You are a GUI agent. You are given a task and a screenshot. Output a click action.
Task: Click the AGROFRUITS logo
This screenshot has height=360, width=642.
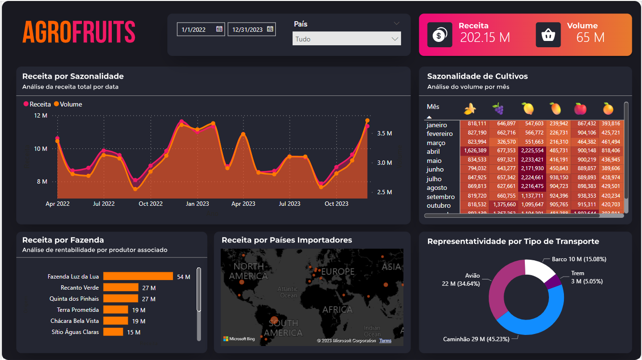79,32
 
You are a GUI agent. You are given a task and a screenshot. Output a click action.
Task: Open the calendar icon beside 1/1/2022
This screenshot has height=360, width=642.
219,29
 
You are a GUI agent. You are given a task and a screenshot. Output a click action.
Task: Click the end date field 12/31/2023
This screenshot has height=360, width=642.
247,29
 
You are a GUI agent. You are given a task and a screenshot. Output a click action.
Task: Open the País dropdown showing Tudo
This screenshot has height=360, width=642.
347,39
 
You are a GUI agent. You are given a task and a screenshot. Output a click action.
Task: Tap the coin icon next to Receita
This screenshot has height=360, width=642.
440,35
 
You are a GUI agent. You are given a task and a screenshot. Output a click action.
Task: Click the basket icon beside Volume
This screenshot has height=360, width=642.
548,35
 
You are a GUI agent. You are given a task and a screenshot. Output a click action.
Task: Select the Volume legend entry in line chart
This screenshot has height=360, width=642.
68,104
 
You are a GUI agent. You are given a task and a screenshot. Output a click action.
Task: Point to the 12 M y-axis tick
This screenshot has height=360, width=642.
40,116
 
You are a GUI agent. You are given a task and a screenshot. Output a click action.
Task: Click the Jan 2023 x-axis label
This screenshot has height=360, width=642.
197,204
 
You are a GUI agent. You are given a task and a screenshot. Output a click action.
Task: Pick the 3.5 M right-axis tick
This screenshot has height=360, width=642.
384,133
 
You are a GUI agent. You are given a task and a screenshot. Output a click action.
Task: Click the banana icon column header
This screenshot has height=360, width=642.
470,109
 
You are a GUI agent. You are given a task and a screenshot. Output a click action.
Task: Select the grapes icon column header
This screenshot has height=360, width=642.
498,109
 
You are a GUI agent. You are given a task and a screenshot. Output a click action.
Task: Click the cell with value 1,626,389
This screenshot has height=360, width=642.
474,151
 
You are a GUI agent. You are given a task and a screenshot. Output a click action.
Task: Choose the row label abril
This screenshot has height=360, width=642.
433,151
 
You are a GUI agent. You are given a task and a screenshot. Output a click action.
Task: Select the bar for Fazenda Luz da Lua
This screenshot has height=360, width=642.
138,276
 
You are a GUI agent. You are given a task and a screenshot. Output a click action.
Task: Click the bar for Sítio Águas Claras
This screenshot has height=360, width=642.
113,332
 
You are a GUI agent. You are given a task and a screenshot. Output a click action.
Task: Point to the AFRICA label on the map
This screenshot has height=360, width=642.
337,309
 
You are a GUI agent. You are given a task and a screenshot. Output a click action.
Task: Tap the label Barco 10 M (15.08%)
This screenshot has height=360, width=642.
579,259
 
